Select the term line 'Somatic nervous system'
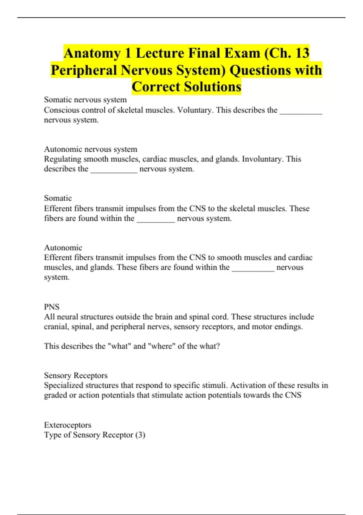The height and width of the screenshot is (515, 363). [x=85, y=100]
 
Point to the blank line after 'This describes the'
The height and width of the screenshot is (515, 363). [x=301, y=112]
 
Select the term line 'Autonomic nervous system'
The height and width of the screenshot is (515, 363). [x=90, y=149]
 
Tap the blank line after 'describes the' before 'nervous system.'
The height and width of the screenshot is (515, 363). [x=114, y=171]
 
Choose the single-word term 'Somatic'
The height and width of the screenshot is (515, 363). [x=58, y=198]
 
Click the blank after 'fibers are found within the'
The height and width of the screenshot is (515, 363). [x=156, y=220]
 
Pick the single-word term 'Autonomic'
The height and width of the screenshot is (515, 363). [x=63, y=248]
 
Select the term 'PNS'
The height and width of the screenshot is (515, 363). [x=52, y=307]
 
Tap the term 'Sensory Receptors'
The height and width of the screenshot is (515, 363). [x=76, y=375]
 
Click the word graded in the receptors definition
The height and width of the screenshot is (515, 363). [x=55, y=395]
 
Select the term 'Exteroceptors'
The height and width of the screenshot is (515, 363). [x=67, y=425]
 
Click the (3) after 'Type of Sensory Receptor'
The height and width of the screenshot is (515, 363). [x=140, y=435]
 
